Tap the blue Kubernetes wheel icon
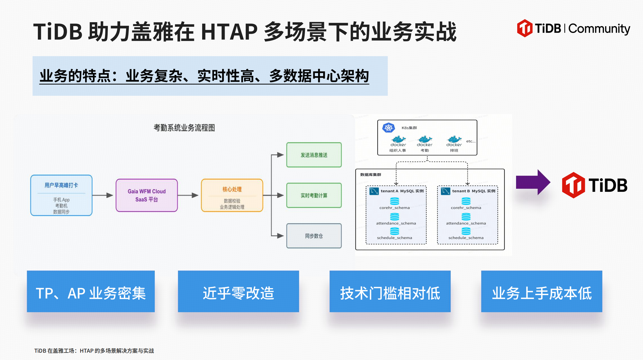tap(389, 128)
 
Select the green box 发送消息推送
tap(314, 155)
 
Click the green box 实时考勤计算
tap(314, 195)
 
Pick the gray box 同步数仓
tap(314, 236)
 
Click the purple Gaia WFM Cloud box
tap(147, 195)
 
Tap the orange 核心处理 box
tap(232, 195)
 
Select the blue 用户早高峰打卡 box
tap(61, 195)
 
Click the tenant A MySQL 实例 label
tap(402, 191)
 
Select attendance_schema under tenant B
tap(466, 223)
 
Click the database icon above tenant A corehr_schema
tap(395, 201)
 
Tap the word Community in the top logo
tap(599, 29)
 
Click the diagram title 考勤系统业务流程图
tap(184, 128)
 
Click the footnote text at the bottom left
tap(94, 351)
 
